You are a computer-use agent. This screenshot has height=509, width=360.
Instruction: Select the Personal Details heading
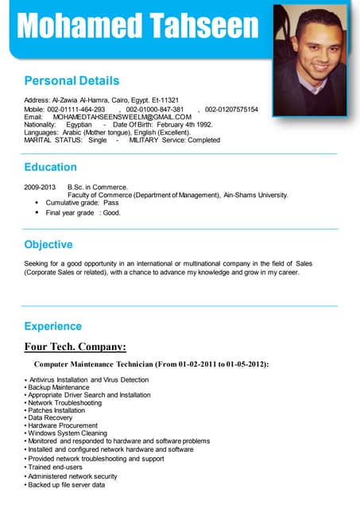72,80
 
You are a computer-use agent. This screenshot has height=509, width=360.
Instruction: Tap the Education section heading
50,167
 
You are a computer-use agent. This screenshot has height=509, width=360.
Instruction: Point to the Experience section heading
52,326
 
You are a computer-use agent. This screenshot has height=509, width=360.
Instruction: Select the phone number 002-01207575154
231,108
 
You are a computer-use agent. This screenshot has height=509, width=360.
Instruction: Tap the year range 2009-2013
40,187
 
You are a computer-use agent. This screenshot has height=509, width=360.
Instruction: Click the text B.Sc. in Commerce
93,187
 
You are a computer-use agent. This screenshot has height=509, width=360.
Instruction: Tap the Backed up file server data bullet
67,484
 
